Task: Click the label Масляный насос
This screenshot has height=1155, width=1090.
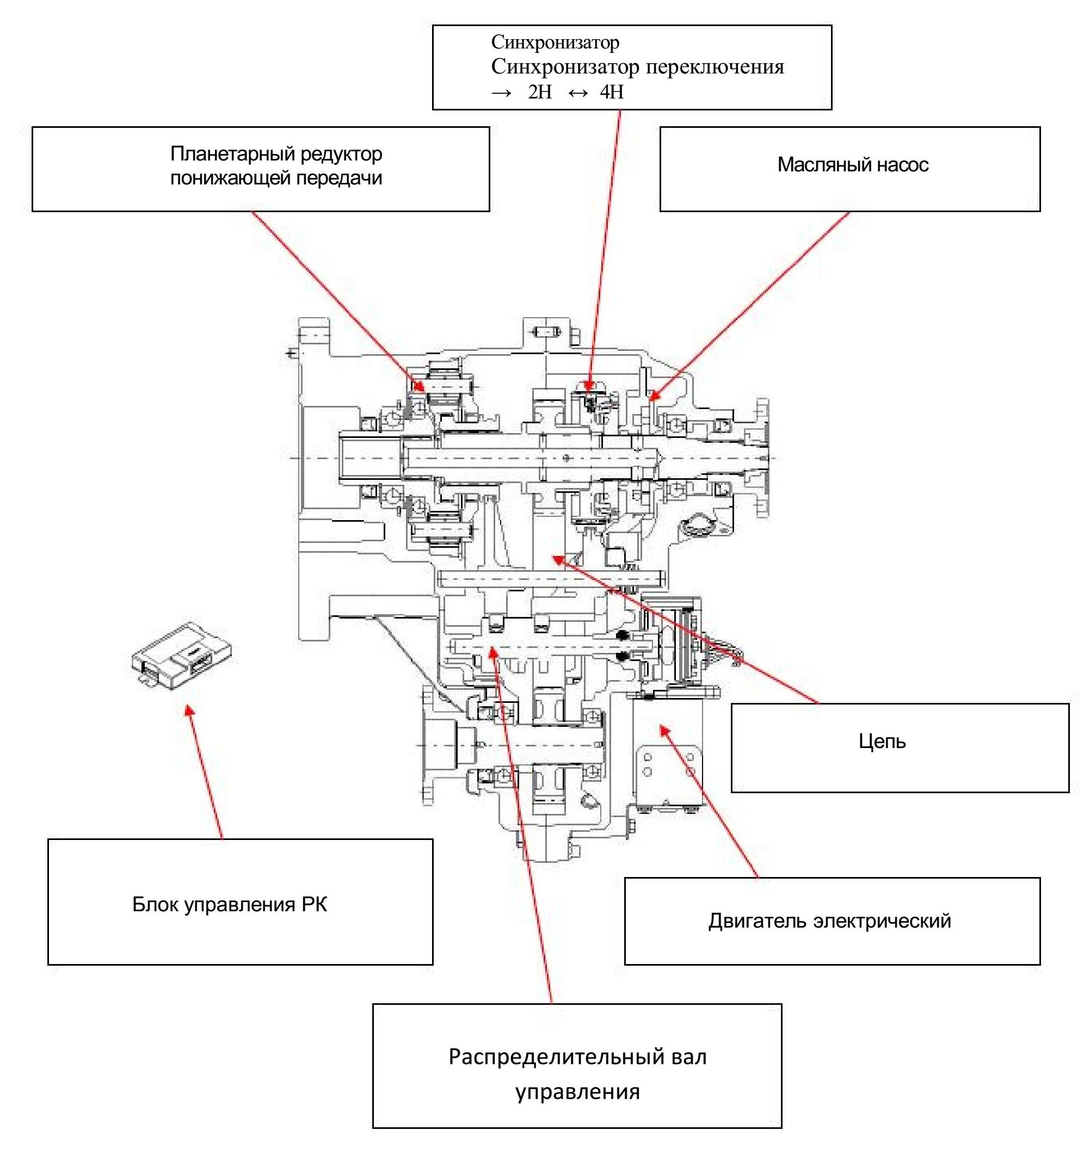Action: tap(852, 165)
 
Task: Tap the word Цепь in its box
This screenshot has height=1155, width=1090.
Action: tap(882, 742)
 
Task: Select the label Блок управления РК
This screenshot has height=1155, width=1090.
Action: tap(230, 905)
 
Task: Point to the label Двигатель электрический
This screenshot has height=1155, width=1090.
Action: tap(829, 921)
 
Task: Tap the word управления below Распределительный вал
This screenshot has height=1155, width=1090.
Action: tap(577, 1092)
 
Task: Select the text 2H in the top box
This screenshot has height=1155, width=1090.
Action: tap(540, 92)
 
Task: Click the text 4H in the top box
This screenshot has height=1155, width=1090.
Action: tap(611, 92)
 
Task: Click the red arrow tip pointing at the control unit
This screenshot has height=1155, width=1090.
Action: tap(188, 709)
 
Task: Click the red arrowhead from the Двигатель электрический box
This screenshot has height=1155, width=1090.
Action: tap(662, 727)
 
